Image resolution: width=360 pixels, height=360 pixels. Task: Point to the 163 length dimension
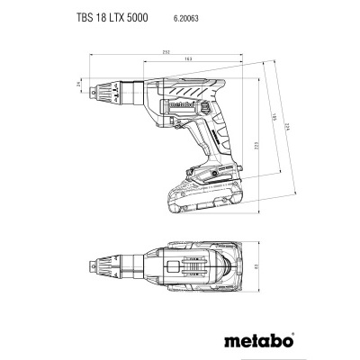pyautogui.click(x=186, y=61)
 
